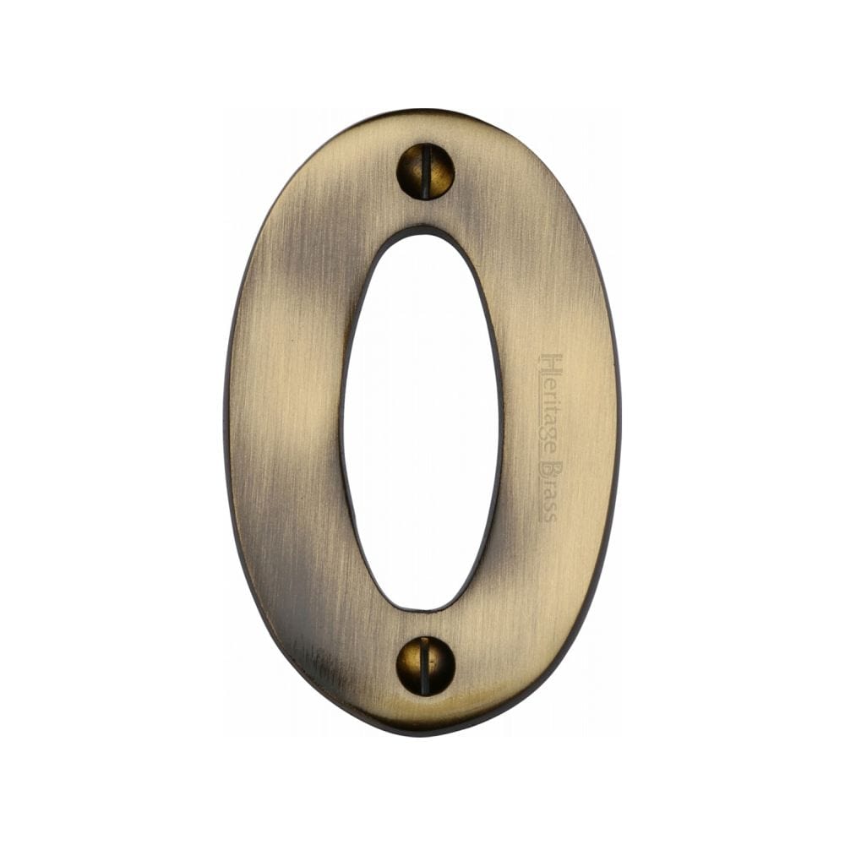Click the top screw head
tap(425, 171)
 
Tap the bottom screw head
tap(425, 665)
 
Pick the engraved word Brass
tap(549, 489)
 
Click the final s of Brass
tap(549, 514)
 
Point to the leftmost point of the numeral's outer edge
tap(224, 422)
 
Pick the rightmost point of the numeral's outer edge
tap(621, 422)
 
